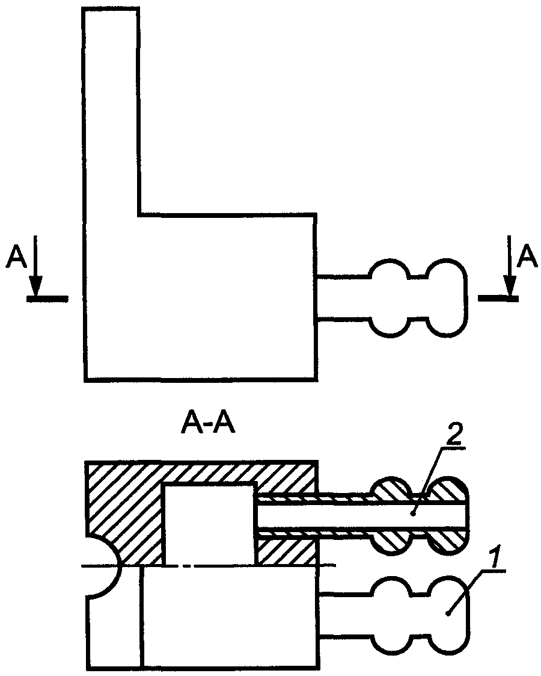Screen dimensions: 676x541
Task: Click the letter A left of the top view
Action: click(16, 258)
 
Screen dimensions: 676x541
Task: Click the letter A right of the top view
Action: click(528, 257)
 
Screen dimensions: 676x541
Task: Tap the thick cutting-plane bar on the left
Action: click(47, 297)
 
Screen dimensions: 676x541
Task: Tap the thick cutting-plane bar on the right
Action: click(498, 297)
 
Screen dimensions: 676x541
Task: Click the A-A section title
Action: click(207, 426)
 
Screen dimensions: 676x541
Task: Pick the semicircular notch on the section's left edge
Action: click(102, 566)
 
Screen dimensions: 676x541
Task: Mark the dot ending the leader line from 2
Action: click(414, 513)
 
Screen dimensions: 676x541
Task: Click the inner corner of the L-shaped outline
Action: click(139, 214)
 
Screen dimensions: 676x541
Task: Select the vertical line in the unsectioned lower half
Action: click(142, 617)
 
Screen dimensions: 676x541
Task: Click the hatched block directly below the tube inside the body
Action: click(286, 550)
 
